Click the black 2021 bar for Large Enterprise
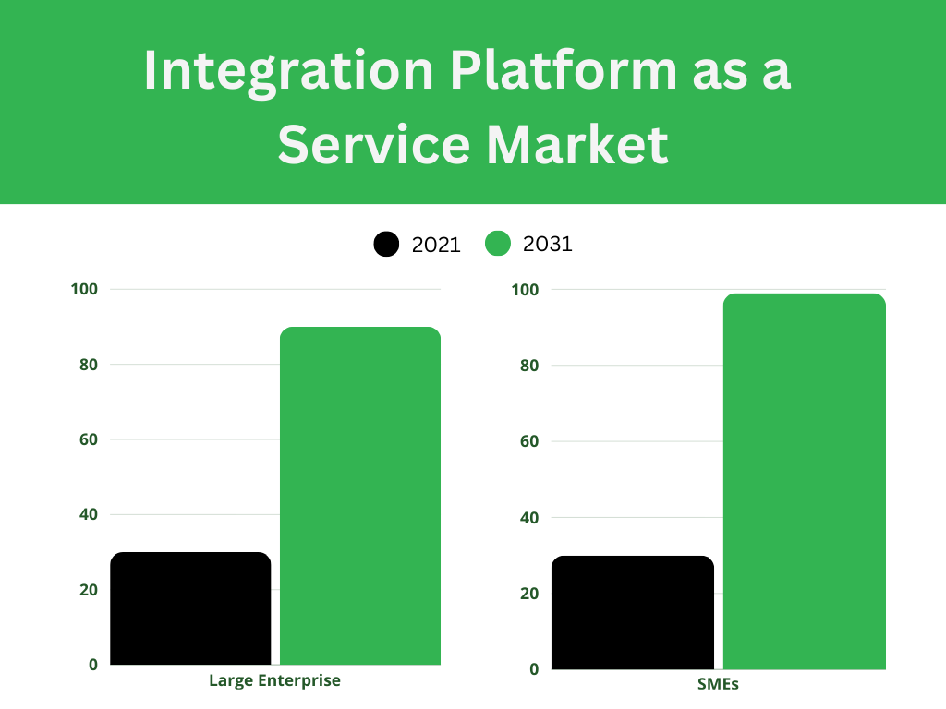pos(190,607)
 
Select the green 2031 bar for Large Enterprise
pos(360,496)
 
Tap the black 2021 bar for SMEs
pos(633,612)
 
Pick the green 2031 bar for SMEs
pos(805,481)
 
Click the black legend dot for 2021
pos(386,244)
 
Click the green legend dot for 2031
pos(498,244)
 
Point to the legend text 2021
pos(436,245)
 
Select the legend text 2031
pos(547,244)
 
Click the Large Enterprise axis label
pos(274,680)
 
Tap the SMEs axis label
pos(718,684)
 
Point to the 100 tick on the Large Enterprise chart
pos(84,289)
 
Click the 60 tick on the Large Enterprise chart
pos(88,439)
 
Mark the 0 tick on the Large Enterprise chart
pos(93,665)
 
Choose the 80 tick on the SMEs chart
pos(529,366)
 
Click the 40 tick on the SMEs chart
pos(529,517)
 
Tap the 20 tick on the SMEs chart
pos(529,594)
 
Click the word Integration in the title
pos(289,72)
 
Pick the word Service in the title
pos(374,144)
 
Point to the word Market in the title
pos(577,144)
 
